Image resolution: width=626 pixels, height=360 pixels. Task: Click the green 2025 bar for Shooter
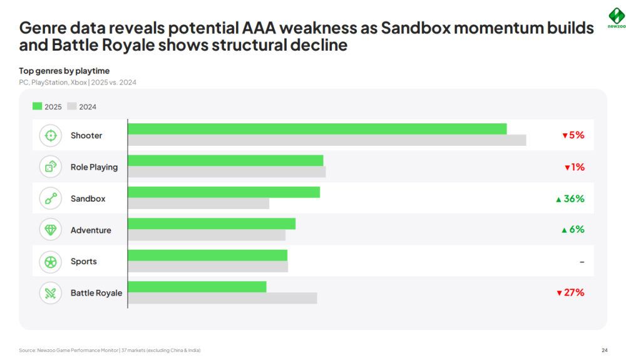pos(317,129)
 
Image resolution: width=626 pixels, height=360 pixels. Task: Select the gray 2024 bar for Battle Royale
pos(222,298)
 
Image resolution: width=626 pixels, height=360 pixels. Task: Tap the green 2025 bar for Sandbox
pos(223,192)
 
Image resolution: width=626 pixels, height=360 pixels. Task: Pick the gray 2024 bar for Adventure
pos(207,235)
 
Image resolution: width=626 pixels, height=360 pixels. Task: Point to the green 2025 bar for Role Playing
pos(225,160)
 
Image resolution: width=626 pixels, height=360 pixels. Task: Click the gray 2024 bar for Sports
pos(208,267)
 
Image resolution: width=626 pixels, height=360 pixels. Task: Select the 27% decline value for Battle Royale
pos(570,292)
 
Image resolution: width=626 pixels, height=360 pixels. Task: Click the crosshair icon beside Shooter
pos(51,135)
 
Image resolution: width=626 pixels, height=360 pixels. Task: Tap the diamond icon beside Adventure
pos(51,230)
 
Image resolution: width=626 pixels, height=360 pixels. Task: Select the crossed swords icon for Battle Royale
pos(51,292)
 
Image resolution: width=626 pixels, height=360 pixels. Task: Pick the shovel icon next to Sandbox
pos(51,198)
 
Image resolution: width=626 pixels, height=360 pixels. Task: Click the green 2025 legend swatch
pos(37,106)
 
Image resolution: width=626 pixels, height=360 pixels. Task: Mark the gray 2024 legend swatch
pos(71,106)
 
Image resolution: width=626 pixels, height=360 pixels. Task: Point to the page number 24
pos(604,350)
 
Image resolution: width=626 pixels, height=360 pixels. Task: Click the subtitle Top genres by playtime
pos(64,71)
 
